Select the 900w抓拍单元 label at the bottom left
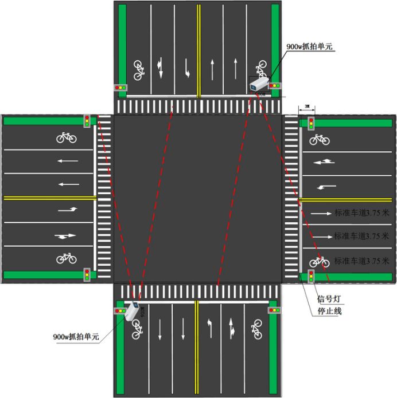click(76, 337)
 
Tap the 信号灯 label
click(329, 300)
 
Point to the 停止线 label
click(329, 312)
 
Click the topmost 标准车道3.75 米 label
click(361, 212)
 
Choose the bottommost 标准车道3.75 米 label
click(361, 261)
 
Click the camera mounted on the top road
click(259, 84)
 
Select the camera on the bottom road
click(133, 312)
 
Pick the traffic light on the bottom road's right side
click(274, 310)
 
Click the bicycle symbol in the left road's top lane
click(67, 137)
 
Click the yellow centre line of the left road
click(49, 198)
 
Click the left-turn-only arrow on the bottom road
click(209, 328)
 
